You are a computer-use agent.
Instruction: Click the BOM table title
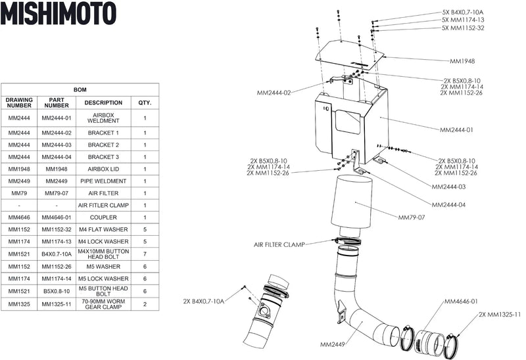click(x=80, y=89)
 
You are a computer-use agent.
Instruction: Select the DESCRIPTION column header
click(x=103, y=103)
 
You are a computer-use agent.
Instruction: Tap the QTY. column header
click(x=145, y=103)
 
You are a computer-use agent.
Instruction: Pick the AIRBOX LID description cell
click(x=103, y=169)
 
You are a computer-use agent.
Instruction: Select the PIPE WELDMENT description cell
click(x=103, y=181)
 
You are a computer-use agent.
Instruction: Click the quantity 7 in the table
click(x=145, y=255)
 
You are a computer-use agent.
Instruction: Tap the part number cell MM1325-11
click(x=57, y=304)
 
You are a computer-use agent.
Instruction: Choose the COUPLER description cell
click(x=103, y=217)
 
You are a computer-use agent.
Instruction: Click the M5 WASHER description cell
click(x=103, y=267)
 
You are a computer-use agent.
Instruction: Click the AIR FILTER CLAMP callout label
click(x=279, y=244)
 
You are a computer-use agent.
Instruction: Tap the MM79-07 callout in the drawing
click(x=412, y=217)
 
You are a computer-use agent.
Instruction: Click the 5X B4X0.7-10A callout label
click(x=463, y=12)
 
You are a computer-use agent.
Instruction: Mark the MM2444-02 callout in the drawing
click(x=274, y=93)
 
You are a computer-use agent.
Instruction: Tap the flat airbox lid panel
click(x=351, y=55)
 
